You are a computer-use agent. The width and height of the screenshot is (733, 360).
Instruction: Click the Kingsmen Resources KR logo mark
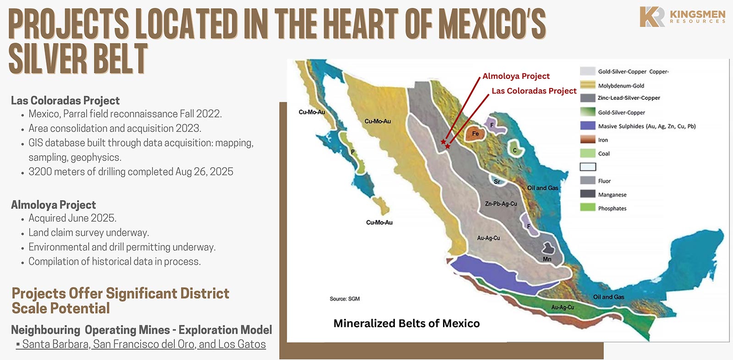pyautogui.click(x=652, y=17)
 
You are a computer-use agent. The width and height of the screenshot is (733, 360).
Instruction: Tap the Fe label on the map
pyautogui.click(x=476, y=134)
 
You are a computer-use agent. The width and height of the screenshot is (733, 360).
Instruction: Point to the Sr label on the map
pyautogui.click(x=497, y=181)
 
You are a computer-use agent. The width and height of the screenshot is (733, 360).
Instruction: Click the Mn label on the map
pyautogui.click(x=547, y=259)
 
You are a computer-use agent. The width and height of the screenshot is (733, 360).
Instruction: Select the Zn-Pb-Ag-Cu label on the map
pyautogui.click(x=501, y=203)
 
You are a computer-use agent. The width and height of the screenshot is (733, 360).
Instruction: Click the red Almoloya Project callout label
pyautogui.click(x=516, y=76)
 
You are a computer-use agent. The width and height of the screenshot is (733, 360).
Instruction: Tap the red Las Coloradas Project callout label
pyautogui.click(x=534, y=91)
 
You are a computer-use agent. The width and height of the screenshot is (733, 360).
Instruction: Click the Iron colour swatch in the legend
pyautogui.click(x=587, y=140)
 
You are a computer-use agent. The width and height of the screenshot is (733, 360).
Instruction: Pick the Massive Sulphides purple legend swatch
pyautogui.click(x=587, y=126)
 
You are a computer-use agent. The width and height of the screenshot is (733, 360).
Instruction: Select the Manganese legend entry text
pyautogui.click(x=612, y=195)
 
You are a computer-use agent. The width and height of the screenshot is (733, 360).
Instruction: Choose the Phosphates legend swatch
pyautogui.click(x=587, y=208)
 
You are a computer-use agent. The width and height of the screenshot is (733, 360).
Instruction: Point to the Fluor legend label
pyautogui.click(x=604, y=181)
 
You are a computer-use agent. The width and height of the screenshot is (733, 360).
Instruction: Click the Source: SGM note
pyautogui.click(x=345, y=299)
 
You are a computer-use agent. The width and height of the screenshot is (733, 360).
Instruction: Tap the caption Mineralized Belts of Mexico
pyautogui.click(x=406, y=323)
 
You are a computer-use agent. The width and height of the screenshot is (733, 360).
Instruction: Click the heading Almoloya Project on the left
pyautogui.click(x=54, y=205)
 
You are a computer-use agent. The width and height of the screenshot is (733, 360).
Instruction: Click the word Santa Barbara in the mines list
pyautogui.click(x=55, y=344)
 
